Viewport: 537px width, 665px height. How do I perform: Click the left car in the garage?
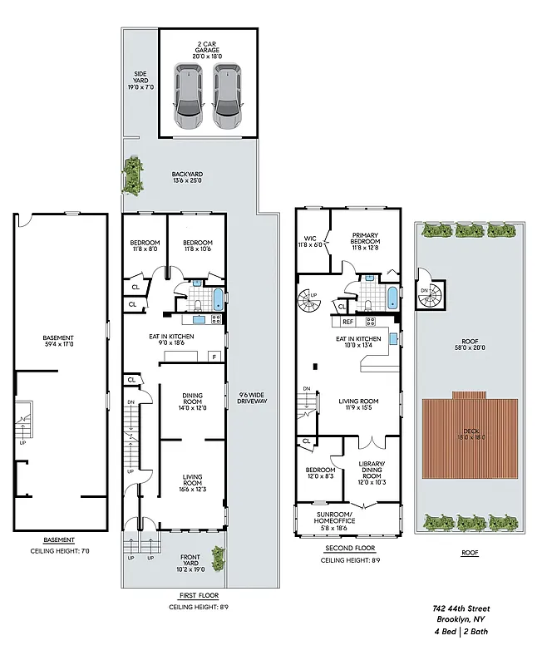(x=189, y=96)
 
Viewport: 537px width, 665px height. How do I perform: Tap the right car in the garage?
(x=228, y=96)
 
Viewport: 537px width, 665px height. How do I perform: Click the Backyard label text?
(x=187, y=177)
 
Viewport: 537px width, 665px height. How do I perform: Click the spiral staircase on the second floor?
(x=311, y=295)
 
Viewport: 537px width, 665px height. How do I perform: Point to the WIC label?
(x=312, y=241)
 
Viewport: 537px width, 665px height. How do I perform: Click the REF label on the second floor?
(x=347, y=321)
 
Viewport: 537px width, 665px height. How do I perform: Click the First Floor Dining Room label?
(x=191, y=402)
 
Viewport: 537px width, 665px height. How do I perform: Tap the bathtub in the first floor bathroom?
(x=217, y=299)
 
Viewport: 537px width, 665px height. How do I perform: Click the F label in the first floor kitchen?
(x=214, y=357)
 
